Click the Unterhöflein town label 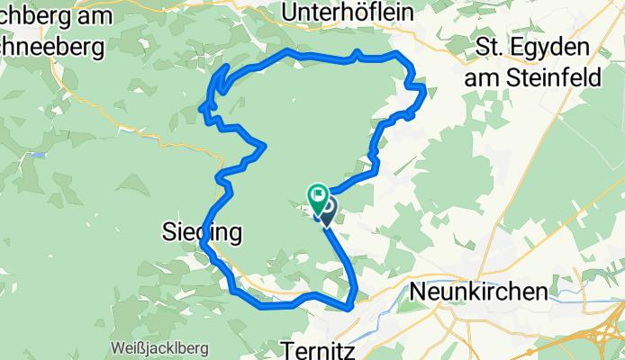[348, 12]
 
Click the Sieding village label [203, 233]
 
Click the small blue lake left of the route [38, 155]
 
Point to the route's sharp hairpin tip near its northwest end [200, 110]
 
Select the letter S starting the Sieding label [168, 233]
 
